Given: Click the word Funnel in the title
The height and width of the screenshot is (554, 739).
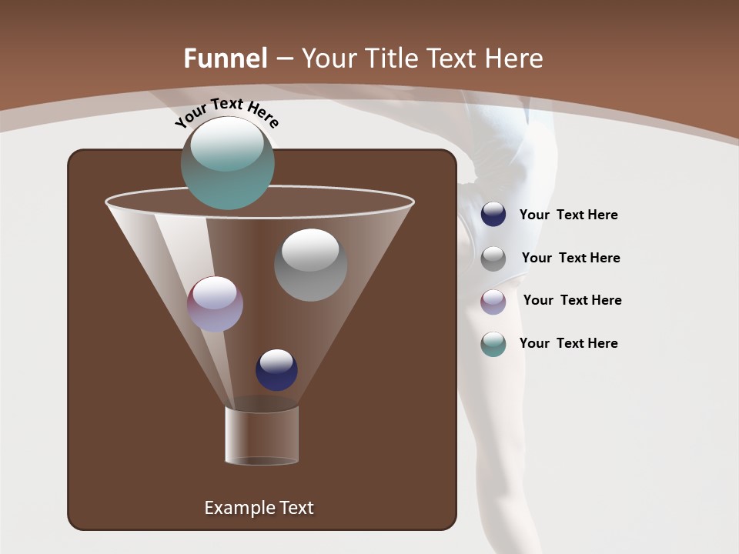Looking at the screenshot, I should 226,58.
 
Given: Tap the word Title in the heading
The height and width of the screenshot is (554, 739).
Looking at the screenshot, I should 390,58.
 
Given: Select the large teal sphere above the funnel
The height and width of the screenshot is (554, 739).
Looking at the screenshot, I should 227,162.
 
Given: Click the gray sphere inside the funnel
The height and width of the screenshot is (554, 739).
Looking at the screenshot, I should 310,265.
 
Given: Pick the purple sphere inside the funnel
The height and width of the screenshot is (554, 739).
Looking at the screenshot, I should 215,304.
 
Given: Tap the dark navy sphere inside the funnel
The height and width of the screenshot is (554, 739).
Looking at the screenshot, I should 276,369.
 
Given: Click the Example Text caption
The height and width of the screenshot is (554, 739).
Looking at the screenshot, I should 259,508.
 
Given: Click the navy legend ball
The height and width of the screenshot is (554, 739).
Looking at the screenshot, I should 493,215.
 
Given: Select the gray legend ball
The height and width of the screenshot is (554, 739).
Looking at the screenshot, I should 493,259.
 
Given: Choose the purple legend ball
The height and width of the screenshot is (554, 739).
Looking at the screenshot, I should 493,302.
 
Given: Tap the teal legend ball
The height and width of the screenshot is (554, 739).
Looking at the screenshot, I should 493,344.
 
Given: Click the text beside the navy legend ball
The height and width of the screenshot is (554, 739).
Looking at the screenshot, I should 568,215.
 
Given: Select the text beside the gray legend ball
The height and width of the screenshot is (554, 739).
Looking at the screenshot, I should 570,259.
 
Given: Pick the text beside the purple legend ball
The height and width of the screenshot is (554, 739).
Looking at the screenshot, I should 572,301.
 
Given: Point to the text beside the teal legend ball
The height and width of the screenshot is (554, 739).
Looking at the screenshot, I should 568,344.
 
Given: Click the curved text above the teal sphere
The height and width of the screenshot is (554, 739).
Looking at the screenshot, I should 227,112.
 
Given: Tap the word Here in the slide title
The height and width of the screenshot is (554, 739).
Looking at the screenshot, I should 514,58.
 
